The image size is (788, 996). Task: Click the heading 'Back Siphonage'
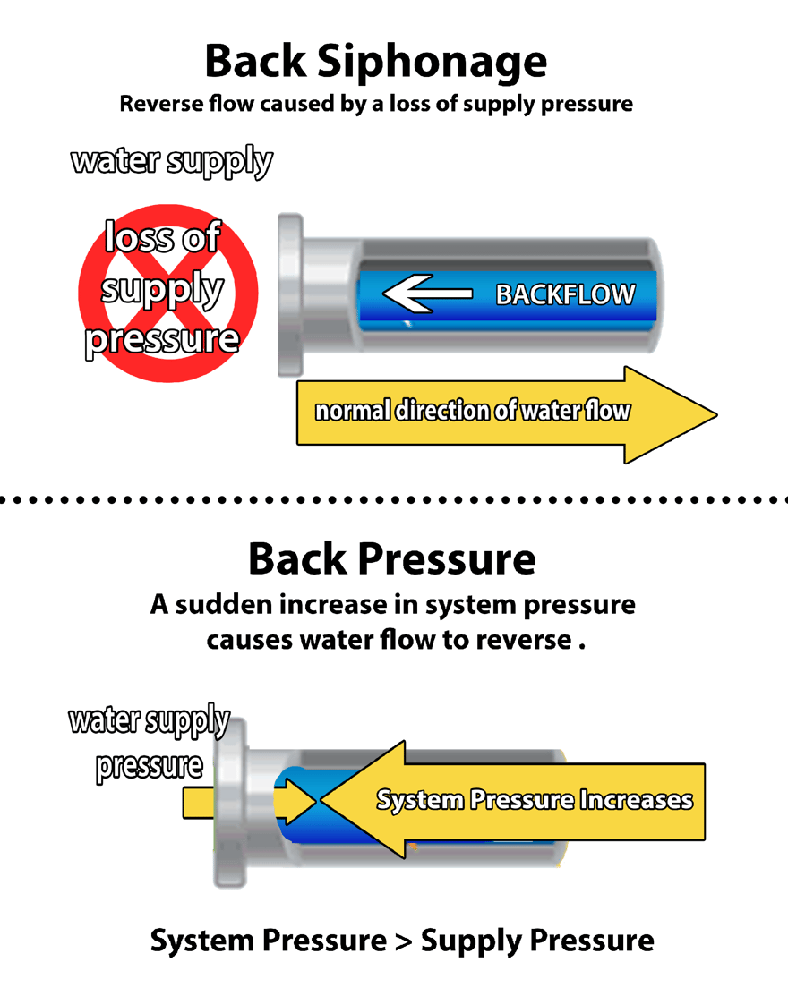(375, 62)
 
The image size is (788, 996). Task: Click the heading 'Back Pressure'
(391, 559)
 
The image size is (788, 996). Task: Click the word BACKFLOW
(565, 294)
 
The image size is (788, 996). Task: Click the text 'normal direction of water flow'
(472, 412)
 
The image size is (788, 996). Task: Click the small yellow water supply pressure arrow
(199, 802)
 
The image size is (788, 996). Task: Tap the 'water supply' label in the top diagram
(172, 162)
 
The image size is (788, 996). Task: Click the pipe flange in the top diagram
(290, 294)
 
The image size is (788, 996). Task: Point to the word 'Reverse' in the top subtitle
(159, 104)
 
